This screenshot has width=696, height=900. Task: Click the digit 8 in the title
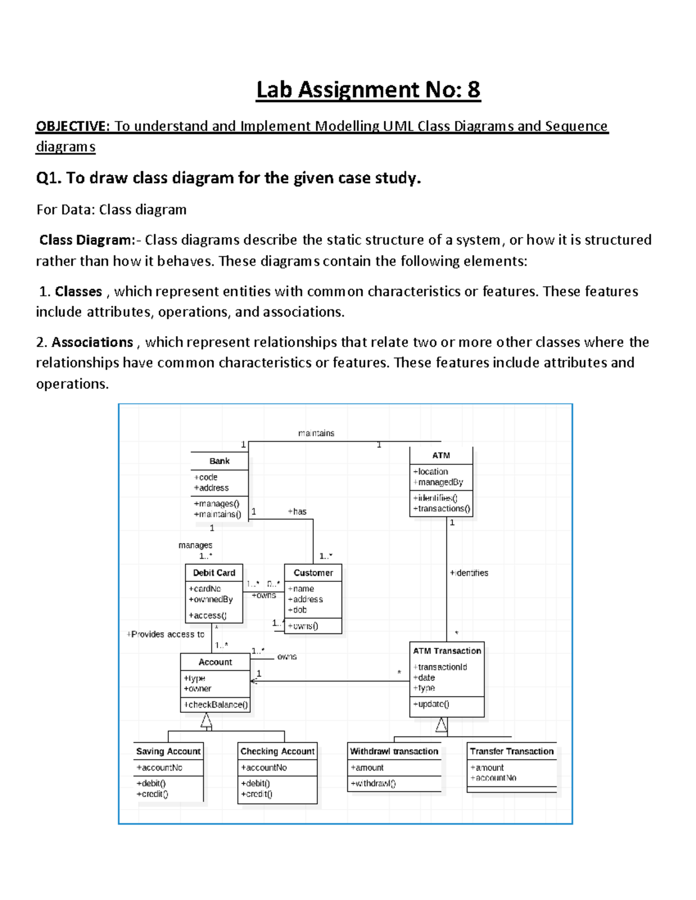(473, 90)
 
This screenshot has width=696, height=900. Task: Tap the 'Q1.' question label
(49, 178)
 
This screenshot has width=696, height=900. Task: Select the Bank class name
(219, 461)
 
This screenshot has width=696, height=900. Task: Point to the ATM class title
(441, 456)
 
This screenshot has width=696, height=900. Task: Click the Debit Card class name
(214, 573)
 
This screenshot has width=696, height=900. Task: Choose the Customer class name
(313, 573)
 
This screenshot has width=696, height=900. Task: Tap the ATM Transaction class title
(447, 651)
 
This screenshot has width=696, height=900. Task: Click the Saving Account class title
(168, 751)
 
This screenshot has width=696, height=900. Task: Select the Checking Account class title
(277, 751)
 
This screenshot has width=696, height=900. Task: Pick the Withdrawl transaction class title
(394, 751)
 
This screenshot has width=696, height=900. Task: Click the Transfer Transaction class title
(512, 751)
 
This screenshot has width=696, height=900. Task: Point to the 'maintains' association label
(316, 433)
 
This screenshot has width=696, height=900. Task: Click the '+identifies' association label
(469, 573)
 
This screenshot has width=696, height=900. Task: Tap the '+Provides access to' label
(166, 635)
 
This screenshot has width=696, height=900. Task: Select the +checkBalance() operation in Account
(216, 705)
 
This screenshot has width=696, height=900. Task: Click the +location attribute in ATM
(430, 472)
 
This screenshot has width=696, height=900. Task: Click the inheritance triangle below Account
(206, 720)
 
